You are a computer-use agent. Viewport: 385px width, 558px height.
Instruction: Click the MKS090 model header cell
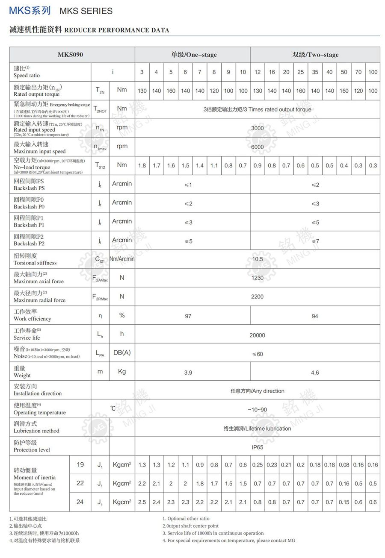click(x=70, y=55)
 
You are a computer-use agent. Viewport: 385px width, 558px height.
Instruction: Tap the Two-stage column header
click(x=315, y=55)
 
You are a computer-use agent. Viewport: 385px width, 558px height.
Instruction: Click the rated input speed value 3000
click(x=258, y=128)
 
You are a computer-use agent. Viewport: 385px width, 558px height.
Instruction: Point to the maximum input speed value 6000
click(x=258, y=147)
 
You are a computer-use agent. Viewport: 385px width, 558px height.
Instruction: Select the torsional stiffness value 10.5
click(x=258, y=259)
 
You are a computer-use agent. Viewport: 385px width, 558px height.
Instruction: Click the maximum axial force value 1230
click(x=258, y=278)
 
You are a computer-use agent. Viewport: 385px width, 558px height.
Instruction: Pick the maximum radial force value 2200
click(x=258, y=297)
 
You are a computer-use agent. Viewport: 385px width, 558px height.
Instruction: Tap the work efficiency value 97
click(x=188, y=316)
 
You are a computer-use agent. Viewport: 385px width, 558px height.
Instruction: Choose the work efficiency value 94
click(x=315, y=316)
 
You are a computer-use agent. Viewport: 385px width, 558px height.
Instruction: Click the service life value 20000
click(x=258, y=335)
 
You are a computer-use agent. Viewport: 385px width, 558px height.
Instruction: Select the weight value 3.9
click(x=188, y=373)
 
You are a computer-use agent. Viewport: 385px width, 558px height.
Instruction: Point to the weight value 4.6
click(x=315, y=373)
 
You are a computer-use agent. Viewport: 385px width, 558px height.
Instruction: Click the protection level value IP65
click(x=258, y=447)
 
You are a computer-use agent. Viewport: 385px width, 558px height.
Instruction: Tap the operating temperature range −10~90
click(x=258, y=410)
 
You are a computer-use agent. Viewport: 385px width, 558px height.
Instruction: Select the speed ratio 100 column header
click(x=373, y=72)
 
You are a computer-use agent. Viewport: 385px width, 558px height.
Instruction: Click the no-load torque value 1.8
click(x=142, y=166)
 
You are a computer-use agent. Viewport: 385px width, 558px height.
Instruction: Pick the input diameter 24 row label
click(x=80, y=502)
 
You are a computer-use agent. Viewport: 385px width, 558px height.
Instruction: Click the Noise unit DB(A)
click(x=122, y=352)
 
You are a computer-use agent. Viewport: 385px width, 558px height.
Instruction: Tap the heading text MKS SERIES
click(x=86, y=11)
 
